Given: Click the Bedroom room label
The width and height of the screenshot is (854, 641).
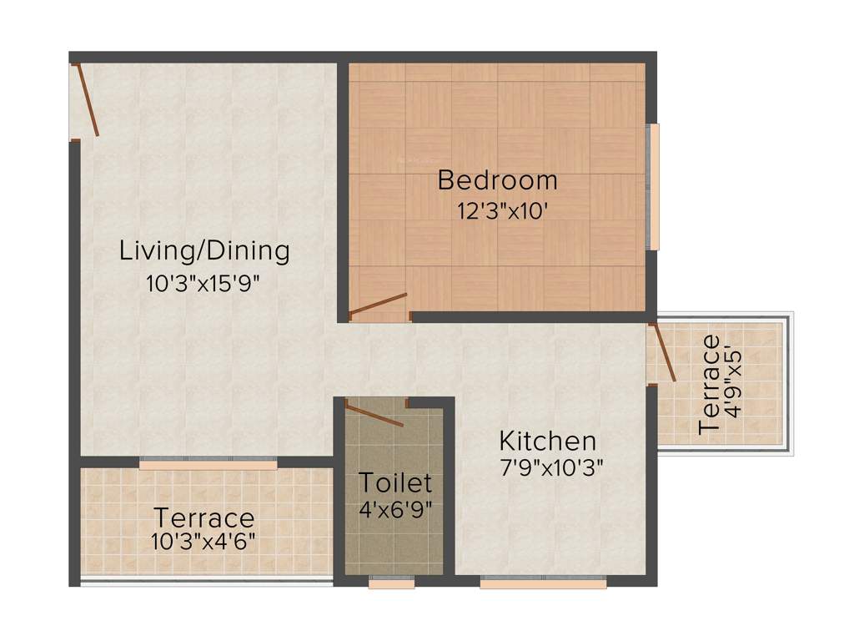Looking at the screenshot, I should (497, 180).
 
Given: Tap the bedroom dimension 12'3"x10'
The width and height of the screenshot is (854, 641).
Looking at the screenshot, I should (501, 211).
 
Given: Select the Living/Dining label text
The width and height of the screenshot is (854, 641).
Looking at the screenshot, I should (204, 250).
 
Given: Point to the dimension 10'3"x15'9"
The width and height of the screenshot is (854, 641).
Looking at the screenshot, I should (203, 283).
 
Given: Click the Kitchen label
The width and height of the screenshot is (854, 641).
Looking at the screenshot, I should (547, 441).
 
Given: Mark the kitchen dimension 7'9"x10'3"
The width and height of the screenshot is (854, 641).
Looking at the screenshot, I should (551, 468).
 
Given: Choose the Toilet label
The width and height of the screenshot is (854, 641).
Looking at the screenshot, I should (395, 482).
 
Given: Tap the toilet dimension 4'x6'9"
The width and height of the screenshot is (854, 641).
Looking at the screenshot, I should (395, 507).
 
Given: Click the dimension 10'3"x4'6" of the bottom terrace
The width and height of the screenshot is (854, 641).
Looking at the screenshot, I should (203, 540).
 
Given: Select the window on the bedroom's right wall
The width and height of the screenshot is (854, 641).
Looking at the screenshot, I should (654, 187).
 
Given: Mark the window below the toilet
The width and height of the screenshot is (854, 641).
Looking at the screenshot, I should (391, 583).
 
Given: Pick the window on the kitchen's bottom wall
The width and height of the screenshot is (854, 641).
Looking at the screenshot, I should (543, 583).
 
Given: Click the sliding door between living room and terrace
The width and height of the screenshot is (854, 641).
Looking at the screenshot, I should (208, 464).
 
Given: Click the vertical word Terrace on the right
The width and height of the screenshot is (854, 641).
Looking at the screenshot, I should (710, 384).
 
